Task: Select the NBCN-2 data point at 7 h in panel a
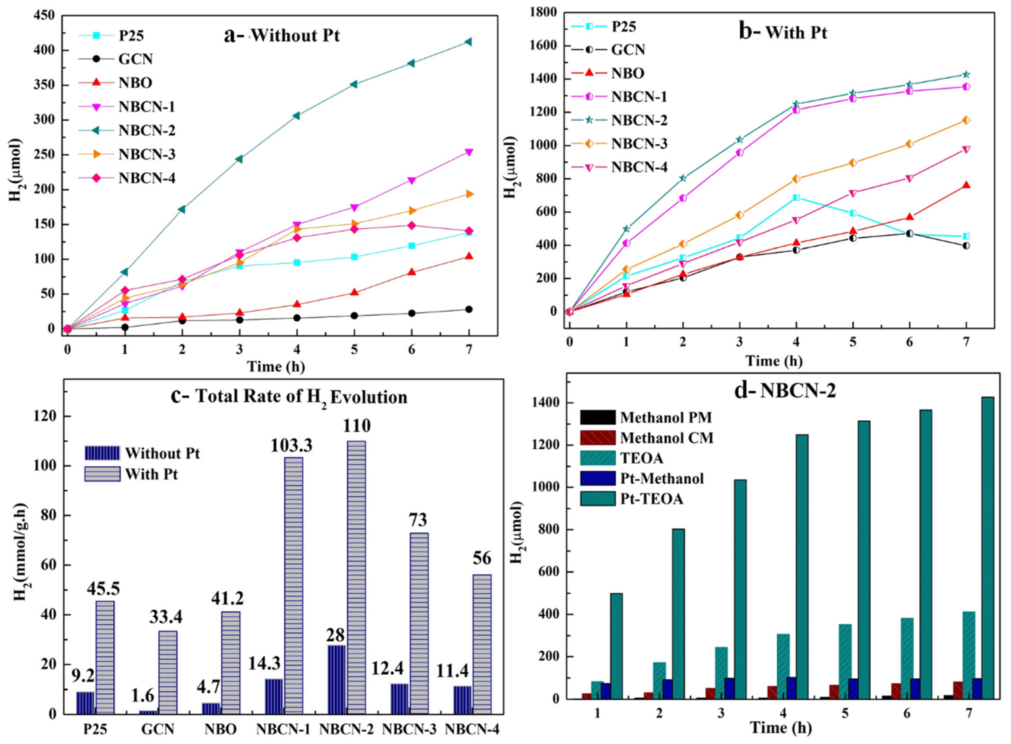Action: click(468, 42)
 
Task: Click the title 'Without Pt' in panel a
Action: click(295, 35)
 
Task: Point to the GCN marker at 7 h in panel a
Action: click(468, 309)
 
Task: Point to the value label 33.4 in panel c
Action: click(166, 617)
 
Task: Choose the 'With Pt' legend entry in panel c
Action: click(151, 474)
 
